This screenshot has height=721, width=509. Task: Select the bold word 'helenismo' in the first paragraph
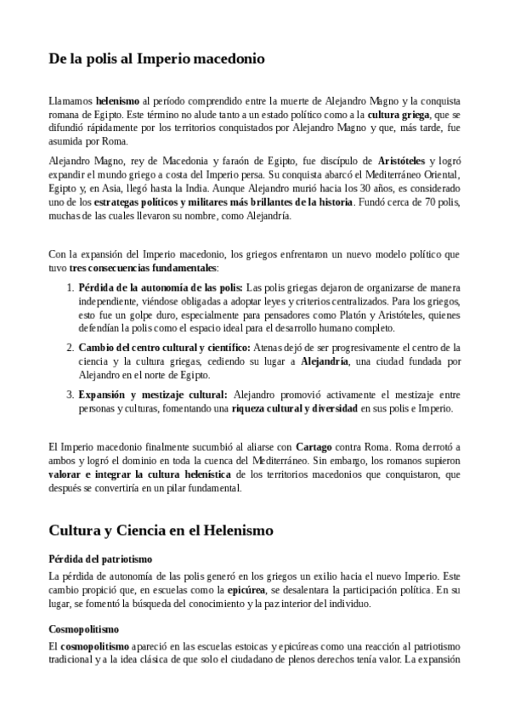[x=116, y=100]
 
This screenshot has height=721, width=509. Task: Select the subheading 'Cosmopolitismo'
[x=84, y=630]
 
